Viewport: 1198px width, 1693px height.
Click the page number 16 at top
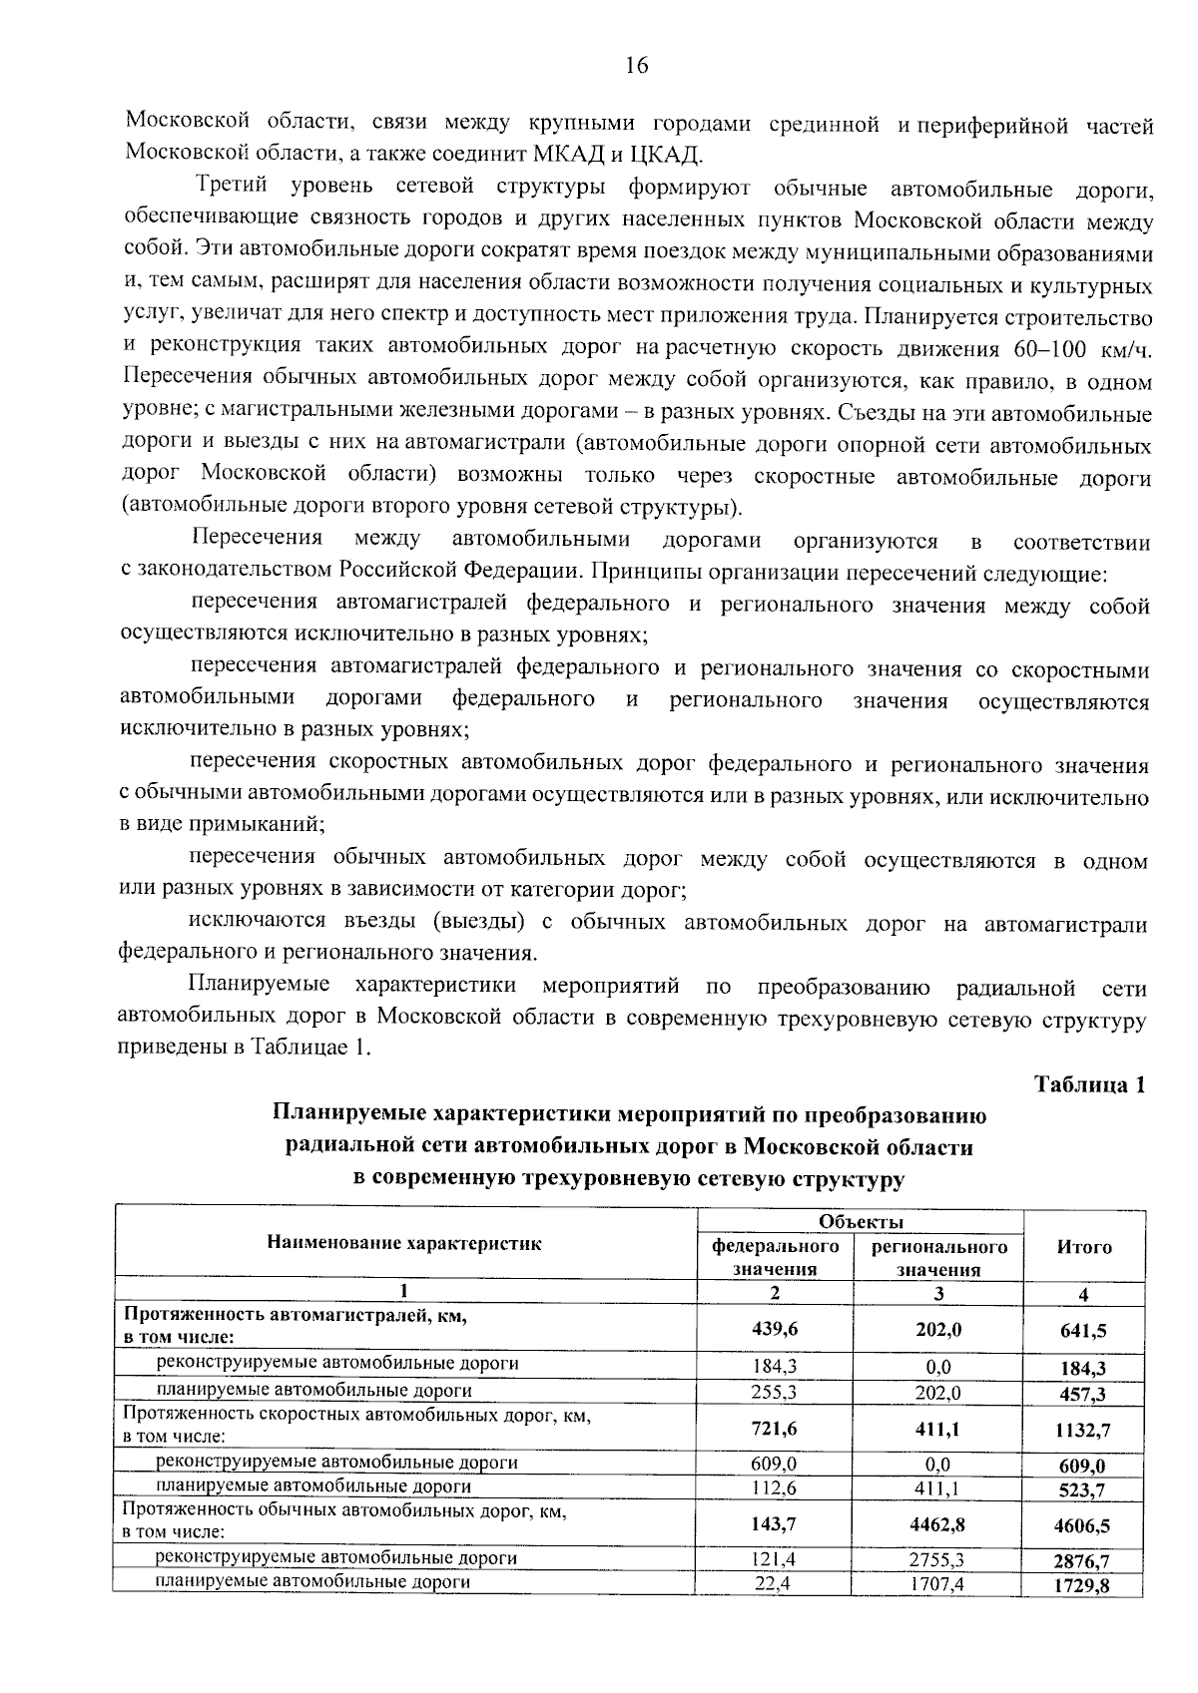(x=636, y=66)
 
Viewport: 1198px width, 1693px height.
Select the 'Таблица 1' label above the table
(x=1088, y=1084)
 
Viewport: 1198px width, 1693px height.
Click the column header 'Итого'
(x=1084, y=1246)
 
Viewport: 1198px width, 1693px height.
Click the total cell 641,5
(x=1084, y=1330)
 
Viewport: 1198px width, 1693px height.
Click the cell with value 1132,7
(x=1083, y=1430)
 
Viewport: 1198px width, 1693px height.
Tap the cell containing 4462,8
(x=937, y=1524)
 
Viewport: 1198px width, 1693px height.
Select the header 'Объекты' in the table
(x=861, y=1222)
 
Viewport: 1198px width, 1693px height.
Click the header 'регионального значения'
(x=938, y=1258)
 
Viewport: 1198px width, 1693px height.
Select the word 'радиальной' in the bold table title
(x=341, y=1147)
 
